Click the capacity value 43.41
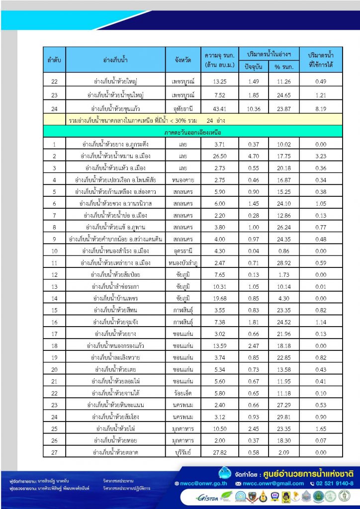point(219,107)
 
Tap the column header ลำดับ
point(54,60)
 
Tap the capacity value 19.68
point(219,298)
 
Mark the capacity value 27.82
point(219,452)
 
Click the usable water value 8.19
point(320,107)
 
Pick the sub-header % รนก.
point(282,67)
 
